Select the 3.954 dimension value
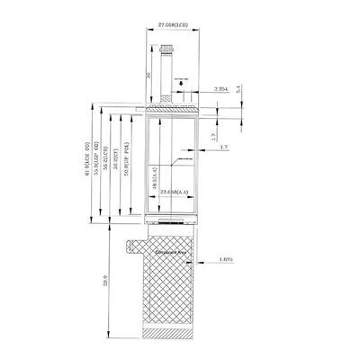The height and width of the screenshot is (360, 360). point(221,89)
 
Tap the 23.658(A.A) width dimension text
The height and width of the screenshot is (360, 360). point(174,192)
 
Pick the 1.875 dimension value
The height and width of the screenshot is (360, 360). point(226,262)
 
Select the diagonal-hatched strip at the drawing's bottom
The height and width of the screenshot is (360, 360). point(168,335)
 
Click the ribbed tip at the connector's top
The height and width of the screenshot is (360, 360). point(166,56)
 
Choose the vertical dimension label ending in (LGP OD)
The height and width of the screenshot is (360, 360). point(97,163)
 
